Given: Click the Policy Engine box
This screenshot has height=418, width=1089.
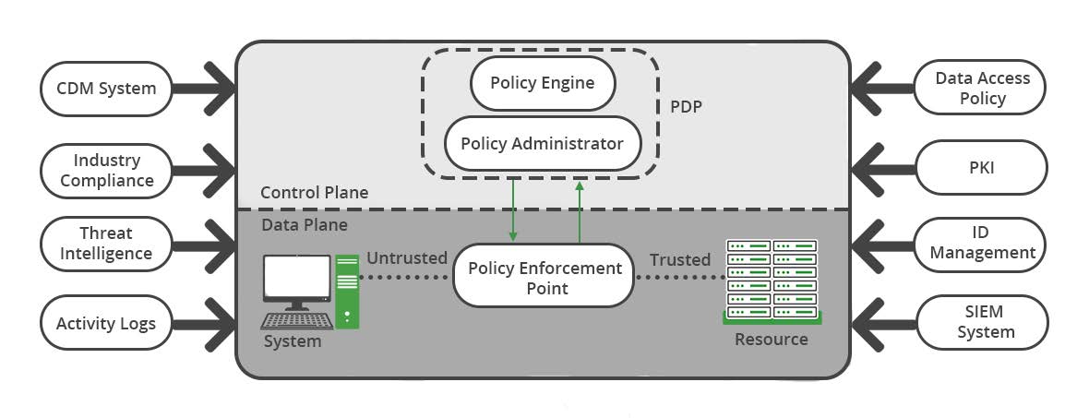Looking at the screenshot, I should click(x=542, y=84).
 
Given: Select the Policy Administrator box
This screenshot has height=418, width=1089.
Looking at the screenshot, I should click(x=542, y=144).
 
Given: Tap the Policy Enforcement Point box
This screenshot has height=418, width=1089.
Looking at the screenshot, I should click(x=544, y=278).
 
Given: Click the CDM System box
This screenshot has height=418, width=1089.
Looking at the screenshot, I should click(x=106, y=90).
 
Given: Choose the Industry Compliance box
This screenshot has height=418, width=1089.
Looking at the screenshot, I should click(x=106, y=170).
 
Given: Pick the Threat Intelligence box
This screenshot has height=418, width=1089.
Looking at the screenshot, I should click(x=106, y=244).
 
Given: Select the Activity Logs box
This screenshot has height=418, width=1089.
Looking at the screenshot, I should click(x=106, y=324).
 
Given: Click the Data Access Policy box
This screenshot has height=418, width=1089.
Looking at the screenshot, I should click(x=982, y=89).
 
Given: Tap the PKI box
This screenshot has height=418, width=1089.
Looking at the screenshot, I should click(x=982, y=169).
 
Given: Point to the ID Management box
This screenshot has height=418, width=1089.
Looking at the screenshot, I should click(x=982, y=243).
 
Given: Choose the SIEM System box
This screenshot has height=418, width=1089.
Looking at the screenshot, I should click(x=982, y=323).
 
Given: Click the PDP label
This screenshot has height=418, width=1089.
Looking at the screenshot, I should click(x=686, y=106).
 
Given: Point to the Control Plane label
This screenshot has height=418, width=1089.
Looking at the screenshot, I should click(x=314, y=193).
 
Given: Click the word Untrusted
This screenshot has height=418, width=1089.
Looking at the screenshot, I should click(x=407, y=258).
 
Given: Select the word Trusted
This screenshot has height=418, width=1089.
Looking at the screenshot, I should click(x=680, y=259).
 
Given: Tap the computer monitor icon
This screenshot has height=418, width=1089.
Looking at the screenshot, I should click(x=297, y=281).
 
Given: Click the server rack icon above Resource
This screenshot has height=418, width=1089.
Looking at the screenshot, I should click(x=772, y=280).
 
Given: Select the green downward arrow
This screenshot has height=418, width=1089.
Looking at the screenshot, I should click(x=513, y=211).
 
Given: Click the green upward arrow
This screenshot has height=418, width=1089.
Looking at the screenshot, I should click(x=580, y=211).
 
